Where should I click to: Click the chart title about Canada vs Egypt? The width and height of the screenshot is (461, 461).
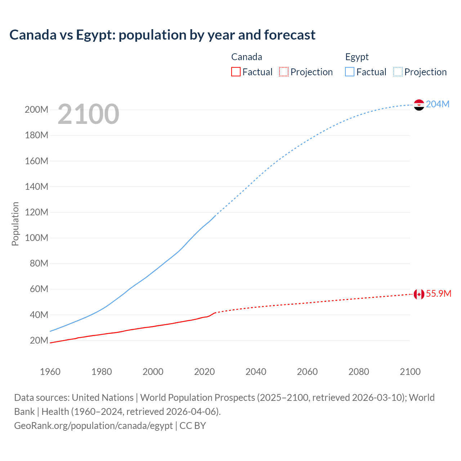[162, 35]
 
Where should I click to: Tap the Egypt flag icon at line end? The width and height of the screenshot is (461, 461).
[419, 105]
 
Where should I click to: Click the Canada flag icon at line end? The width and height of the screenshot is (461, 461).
[419, 294]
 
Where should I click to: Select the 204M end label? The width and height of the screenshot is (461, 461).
[438, 104]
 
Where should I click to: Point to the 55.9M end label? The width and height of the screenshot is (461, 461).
[438, 294]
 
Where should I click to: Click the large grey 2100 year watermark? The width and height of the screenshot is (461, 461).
[88, 114]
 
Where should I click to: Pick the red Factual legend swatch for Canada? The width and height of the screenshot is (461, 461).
[236, 72]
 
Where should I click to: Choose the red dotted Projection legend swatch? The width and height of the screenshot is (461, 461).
[284, 72]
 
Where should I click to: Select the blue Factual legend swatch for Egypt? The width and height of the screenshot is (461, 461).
[350, 72]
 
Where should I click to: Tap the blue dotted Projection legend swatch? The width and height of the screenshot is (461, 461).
[398, 72]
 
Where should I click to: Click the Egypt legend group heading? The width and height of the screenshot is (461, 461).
[357, 57]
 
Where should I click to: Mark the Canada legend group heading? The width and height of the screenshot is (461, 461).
[246, 57]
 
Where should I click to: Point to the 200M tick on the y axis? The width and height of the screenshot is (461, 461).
[36, 109]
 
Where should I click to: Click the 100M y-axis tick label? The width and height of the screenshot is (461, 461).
[36, 238]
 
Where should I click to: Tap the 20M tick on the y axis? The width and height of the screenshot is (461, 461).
[39, 340]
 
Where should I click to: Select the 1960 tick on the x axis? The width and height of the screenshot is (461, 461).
[50, 372]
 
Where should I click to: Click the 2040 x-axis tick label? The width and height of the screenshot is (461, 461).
[256, 372]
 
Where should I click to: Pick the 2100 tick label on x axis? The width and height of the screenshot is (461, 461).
[410, 372]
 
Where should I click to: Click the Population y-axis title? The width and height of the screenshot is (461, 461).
[15, 224]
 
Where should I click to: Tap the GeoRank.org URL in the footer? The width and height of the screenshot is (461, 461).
[93, 426]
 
